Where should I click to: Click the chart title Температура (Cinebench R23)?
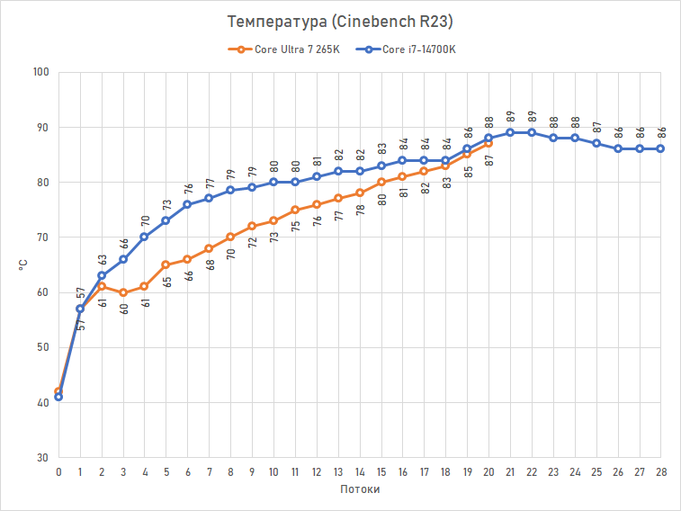point(340,21)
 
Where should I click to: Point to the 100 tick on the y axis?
point(40,72)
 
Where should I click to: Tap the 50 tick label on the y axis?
point(43,347)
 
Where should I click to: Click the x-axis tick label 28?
point(660,471)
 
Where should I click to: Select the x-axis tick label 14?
point(360,471)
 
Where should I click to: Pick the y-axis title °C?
point(24,264)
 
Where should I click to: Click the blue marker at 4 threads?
point(144,238)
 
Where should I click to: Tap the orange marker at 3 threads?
point(122,292)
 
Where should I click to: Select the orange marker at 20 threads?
point(488,143)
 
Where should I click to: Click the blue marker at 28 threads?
point(660,148)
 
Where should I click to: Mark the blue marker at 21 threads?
point(510,132)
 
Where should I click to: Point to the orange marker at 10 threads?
point(273,220)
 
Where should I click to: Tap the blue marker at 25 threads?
point(596,143)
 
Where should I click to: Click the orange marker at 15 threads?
point(381,182)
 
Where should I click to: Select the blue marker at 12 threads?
point(317,176)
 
